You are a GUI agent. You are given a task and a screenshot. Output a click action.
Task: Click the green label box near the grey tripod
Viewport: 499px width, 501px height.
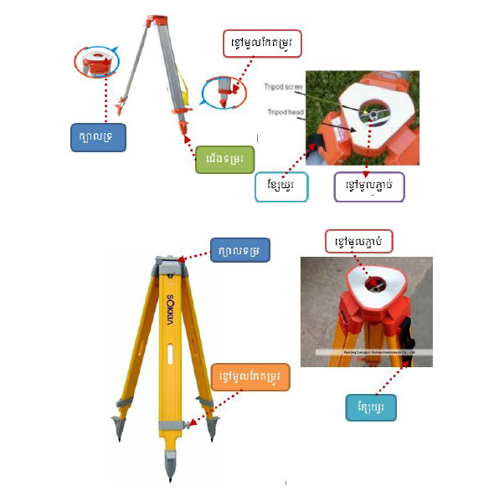224,158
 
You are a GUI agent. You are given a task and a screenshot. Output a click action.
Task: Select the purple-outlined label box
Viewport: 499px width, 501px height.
368,186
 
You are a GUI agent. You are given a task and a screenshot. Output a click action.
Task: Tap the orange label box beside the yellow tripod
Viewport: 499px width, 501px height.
250,377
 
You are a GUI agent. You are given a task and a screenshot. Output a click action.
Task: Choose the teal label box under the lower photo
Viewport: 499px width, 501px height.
371,407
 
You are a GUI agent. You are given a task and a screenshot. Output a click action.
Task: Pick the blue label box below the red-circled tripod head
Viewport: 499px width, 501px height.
98,137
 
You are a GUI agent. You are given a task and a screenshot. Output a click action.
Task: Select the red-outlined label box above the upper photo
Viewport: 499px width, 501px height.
261,43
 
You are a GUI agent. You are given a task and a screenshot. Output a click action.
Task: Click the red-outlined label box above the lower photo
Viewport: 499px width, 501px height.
359,243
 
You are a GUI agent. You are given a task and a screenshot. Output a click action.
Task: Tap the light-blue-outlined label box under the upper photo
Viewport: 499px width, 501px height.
281,187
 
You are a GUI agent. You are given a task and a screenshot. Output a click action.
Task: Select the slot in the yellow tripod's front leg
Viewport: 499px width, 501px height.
170,355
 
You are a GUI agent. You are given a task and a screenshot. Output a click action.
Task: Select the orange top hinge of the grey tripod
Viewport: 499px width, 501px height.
156,21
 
